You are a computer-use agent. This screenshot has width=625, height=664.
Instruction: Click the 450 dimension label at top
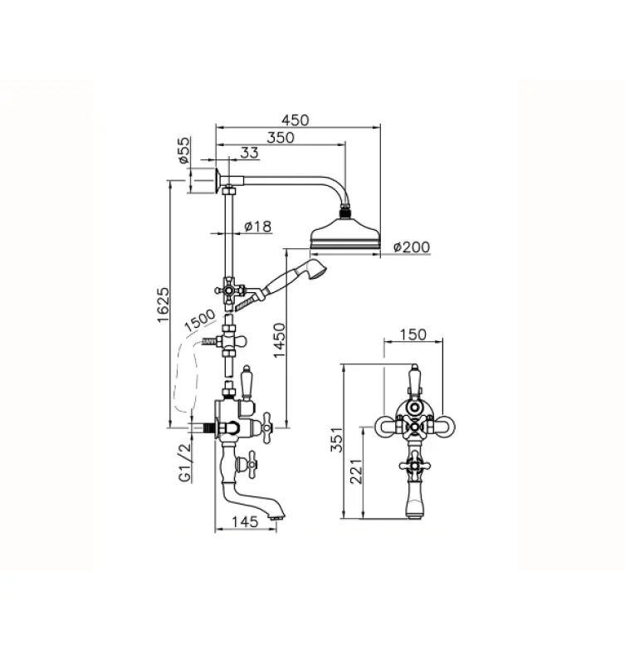pos(294,120)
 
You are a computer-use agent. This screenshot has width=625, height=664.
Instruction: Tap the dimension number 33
pos(249,153)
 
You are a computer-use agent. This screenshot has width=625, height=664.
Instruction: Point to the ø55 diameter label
pos(185,152)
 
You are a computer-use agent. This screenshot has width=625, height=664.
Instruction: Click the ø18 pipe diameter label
pos(259,226)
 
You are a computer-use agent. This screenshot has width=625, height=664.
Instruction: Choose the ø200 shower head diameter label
pos(412,247)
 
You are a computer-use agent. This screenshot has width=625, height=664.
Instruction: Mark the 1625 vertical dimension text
pos(164,306)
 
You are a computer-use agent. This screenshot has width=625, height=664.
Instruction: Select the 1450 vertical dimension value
pos(280,339)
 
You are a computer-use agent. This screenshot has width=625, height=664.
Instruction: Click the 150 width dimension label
pos(413,334)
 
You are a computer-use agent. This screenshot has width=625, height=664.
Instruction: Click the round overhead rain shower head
pos(344,237)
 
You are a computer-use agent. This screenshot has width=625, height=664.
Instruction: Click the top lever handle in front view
pos(413,378)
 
